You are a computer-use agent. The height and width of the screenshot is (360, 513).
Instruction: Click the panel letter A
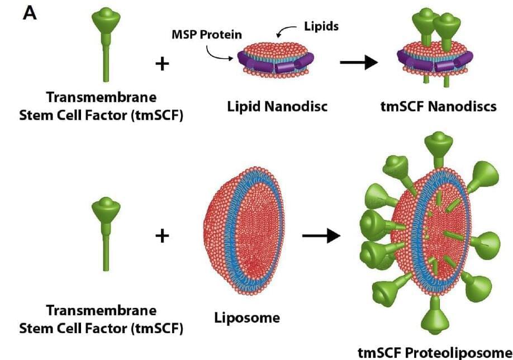[x=30, y=12]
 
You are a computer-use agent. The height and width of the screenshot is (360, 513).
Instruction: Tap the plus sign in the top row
[x=162, y=64]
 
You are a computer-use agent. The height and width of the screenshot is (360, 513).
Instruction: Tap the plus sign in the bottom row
[x=162, y=236]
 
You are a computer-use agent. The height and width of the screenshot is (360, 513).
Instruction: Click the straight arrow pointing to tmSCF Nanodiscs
[x=359, y=63]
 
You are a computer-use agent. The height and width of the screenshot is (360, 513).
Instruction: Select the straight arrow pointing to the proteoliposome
[x=321, y=236]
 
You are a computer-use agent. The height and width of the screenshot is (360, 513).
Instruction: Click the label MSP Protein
[x=207, y=35]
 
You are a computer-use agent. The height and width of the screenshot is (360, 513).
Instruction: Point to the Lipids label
[x=321, y=26]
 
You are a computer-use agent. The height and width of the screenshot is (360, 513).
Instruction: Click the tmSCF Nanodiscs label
[x=438, y=106]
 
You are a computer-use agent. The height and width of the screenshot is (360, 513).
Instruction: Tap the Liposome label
[x=247, y=318]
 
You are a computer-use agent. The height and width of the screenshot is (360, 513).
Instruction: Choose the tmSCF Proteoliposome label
[x=434, y=352]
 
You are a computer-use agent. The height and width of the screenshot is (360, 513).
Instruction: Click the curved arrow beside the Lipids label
[x=288, y=29]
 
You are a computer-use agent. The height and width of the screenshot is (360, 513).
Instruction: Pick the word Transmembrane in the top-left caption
[x=101, y=97]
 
